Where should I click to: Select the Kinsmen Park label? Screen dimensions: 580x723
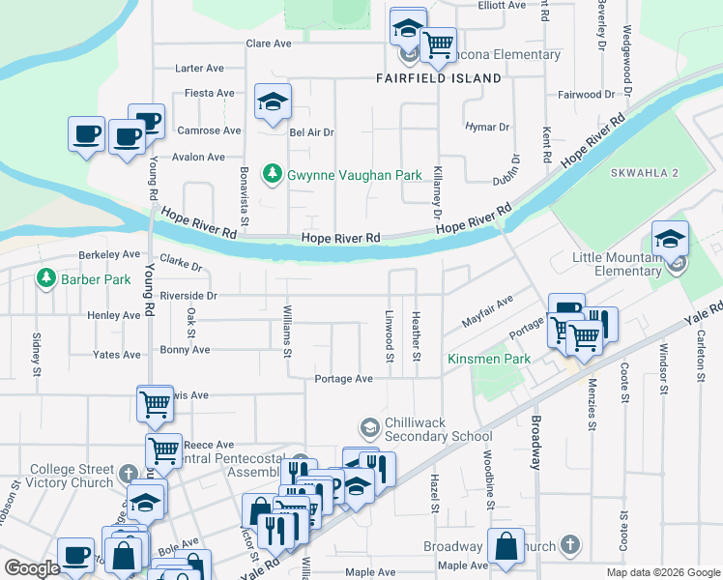[x=489, y=360]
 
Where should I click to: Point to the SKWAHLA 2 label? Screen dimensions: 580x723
[x=645, y=172]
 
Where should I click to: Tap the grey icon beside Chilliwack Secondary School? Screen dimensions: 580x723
[x=369, y=427]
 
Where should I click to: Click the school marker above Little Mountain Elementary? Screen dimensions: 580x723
[x=670, y=239]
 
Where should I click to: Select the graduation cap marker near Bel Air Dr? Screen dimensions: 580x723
[x=274, y=101]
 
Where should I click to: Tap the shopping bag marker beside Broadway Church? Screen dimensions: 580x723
[x=506, y=546]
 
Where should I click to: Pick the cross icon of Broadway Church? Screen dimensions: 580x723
[x=570, y=546]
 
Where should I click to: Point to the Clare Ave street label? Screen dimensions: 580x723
[x=269, y=43]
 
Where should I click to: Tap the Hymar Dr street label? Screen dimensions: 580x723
[x=487, y=127]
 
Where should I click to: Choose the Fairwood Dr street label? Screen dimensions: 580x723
[x=582, y=95]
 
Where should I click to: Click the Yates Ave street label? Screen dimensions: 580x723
[x=117, y=355]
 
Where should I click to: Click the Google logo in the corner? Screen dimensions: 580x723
[x=32, y=568]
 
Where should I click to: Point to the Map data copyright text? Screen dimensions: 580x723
[x=662, y=572]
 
